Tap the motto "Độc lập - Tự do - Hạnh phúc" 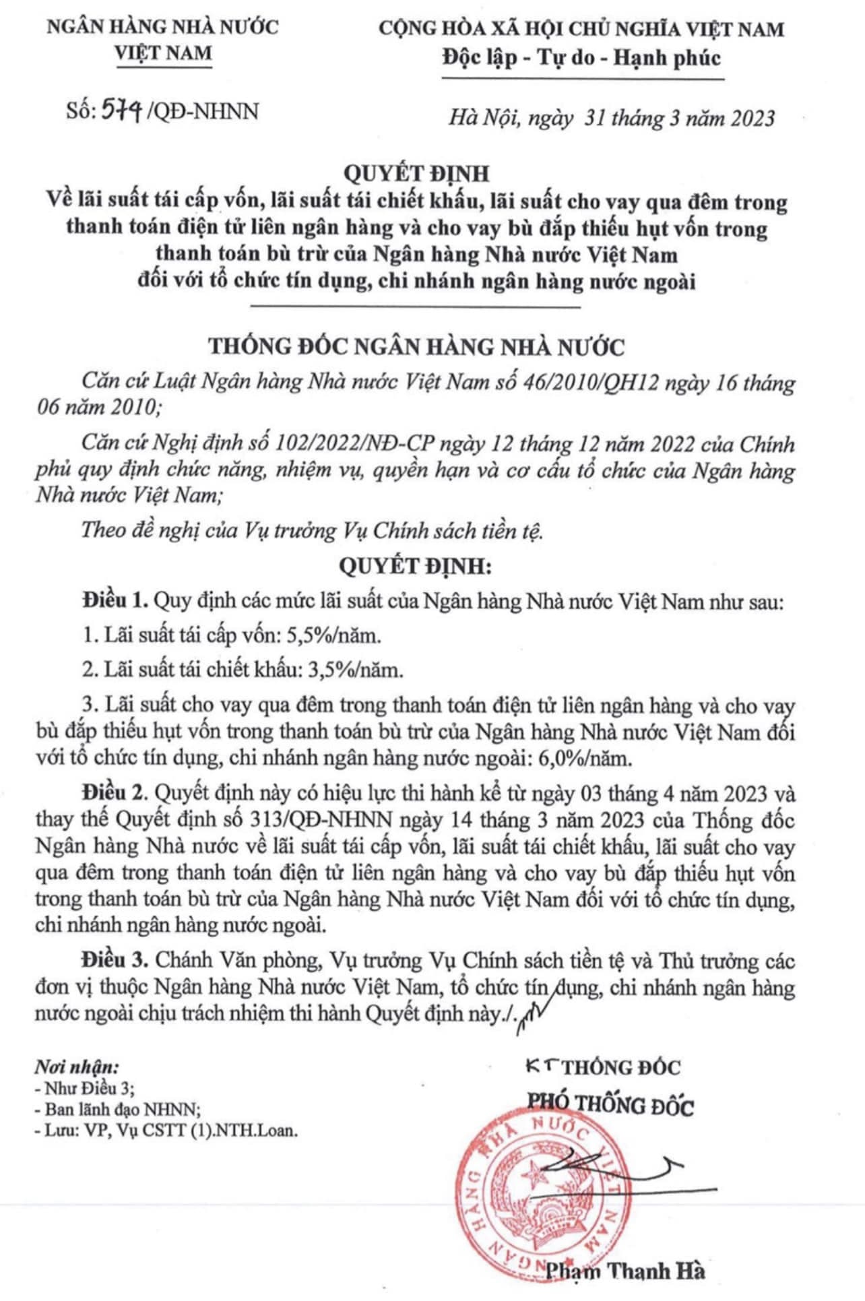point(581,58)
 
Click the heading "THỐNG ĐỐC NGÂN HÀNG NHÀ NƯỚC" point(416,347)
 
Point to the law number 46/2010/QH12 point(604,383)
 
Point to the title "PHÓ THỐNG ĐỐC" point(610,1106)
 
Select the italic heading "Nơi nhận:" point(76,1068)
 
